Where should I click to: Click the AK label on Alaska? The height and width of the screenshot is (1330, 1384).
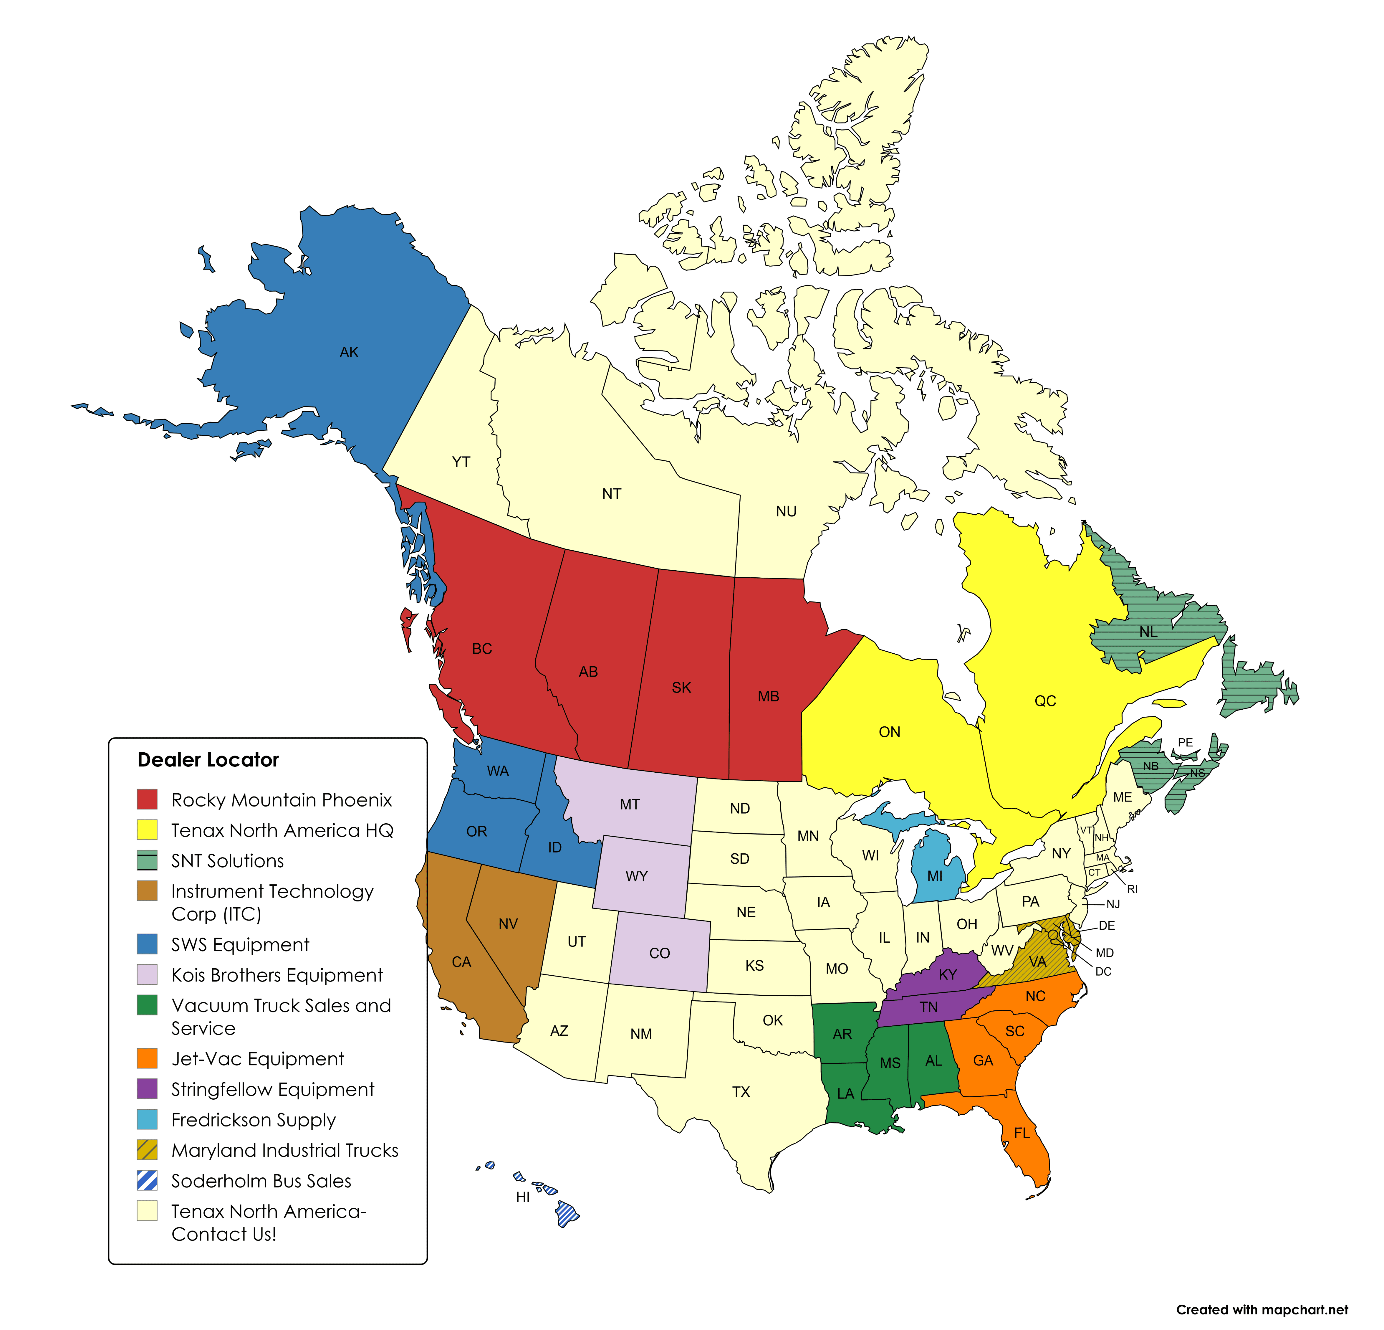click(349, 352)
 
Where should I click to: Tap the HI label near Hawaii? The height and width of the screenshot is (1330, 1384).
click(522, 1197)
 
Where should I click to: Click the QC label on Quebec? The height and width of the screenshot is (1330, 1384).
click(1045, 701)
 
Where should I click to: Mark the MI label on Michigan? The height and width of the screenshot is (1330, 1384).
click(935, 876)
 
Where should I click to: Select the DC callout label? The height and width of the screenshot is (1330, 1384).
click(1103, 971)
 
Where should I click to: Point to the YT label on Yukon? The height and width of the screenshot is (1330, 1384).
click(461, 462)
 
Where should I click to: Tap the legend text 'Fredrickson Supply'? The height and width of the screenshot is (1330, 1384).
click(254, 1119)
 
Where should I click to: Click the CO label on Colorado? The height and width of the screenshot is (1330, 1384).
click(660, 953)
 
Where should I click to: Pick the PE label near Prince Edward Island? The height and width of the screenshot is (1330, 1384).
click(1185, 742)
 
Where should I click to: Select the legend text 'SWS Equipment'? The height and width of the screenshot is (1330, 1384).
click(240, 944)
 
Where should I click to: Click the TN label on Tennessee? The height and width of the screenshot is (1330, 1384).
click(928, 1007)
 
